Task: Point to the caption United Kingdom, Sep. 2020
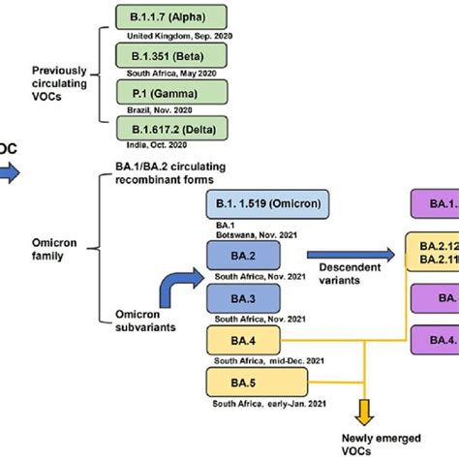[x=173, y=38]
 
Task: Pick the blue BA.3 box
[x=243, y=297]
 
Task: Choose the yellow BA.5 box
[x=243, y=379]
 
